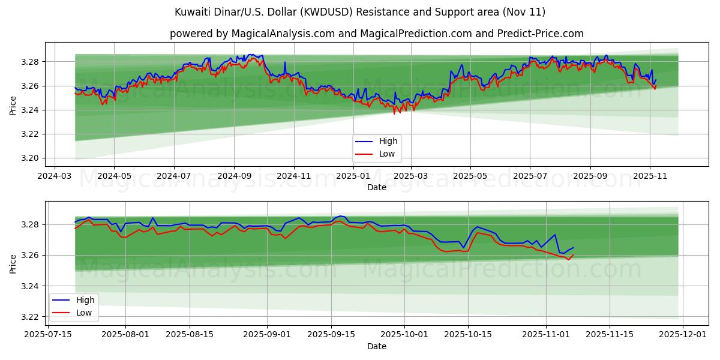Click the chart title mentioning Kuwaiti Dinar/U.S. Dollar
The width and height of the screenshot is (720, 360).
point(360,12)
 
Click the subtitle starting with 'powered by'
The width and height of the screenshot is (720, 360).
point(376,34)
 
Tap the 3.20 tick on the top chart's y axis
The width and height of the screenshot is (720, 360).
point(30,158)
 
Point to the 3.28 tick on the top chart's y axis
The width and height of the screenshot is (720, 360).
point(30,62)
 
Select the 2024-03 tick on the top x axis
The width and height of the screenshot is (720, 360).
point(55,176)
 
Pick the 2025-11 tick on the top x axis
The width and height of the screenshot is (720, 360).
point(650,176)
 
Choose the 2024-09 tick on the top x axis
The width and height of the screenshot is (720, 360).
point(233,176)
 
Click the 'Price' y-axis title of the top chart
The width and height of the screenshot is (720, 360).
point(13,105)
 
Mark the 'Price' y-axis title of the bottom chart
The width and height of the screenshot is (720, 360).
point(13,264)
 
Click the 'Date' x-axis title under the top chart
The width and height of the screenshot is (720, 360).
point(376,187)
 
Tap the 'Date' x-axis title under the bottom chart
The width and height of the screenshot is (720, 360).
point(376,346)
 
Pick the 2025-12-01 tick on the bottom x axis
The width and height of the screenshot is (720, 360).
point(684,335)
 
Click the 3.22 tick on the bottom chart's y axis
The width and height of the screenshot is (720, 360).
point(30,317)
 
